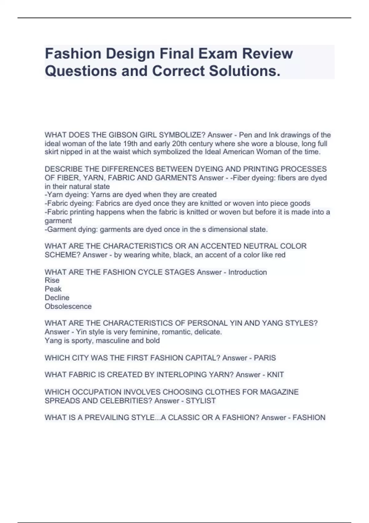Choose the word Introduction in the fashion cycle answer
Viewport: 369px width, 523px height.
coord(247,272)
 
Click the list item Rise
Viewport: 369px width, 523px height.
coord(52,280)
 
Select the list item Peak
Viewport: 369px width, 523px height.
coord(53,289)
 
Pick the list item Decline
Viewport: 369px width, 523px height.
coord(57,297)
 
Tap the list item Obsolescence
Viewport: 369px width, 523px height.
coord(68,306)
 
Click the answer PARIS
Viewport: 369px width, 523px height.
coord(265,358)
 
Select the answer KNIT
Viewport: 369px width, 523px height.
coord(275,375)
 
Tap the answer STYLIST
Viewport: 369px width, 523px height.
coord(200,401)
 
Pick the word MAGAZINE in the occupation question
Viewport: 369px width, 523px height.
coord(279,392)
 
